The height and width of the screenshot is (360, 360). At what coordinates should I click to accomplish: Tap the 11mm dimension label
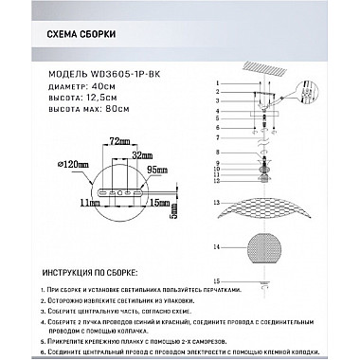90,203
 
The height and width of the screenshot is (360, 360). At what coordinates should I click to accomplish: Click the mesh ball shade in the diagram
259,246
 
